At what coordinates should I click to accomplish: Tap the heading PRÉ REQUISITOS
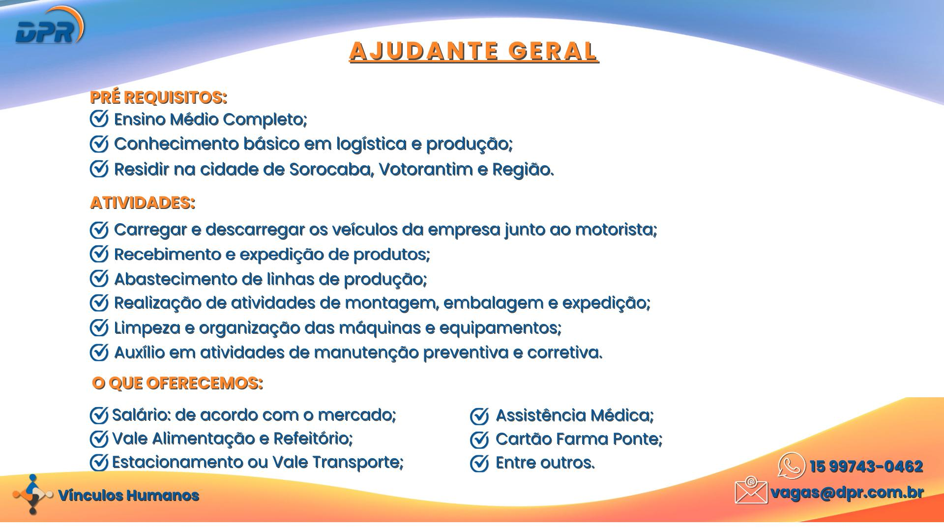pos(159,97)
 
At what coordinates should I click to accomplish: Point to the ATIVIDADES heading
pos(143,203)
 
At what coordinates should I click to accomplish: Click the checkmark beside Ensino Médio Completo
pos(99,118)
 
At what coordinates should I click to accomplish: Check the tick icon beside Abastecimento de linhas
pos(99,278)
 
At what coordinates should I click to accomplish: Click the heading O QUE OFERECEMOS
pos(177,383)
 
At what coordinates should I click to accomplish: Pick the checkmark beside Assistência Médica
pos(479,416)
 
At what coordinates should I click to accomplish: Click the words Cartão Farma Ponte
pos(579,439)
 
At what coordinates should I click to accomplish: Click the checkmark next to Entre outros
pos(479,463)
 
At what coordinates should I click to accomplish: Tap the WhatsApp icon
pos(792,466)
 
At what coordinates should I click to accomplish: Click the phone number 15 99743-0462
pos(866,467)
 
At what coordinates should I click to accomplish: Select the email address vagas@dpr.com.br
pos(847,493)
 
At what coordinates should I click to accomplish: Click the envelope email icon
pos(751,490)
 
